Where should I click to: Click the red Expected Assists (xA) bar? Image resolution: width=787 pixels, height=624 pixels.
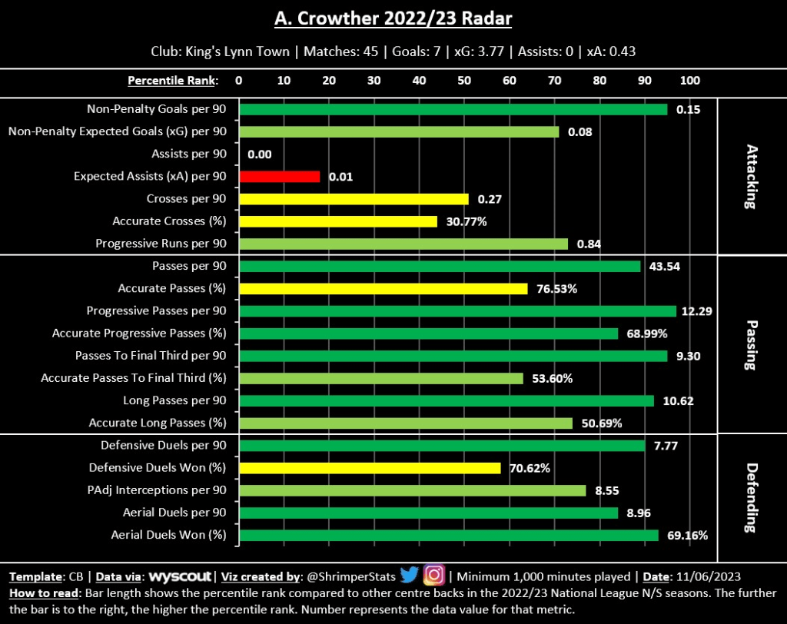click(280, 176)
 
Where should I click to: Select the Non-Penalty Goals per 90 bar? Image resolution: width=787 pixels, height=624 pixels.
click(453, 109)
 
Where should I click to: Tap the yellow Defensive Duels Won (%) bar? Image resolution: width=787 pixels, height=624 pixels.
click(370, 467)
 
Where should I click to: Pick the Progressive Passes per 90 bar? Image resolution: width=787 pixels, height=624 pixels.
click(458, 310)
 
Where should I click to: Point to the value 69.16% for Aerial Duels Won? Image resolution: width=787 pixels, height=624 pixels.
click(686, 535)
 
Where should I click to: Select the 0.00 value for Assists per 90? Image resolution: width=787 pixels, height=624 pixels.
click(260, 154)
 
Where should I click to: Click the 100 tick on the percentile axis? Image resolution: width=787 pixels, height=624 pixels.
click(690, 81)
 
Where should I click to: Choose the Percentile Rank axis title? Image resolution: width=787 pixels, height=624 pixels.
click(172, 81)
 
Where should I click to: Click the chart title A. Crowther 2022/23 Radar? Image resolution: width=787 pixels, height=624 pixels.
click(393, 18)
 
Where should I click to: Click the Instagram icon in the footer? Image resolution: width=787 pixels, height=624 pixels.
click(434, 575)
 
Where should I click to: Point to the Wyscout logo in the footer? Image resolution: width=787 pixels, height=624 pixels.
click(181, 576)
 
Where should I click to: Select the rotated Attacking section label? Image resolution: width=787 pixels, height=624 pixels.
click(750, 177)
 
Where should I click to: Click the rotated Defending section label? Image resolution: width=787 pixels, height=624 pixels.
click(750, 490)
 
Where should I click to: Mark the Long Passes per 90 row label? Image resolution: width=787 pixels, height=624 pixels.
click(174, 400)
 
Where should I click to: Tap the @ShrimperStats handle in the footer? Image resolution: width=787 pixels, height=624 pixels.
click(357, 576)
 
